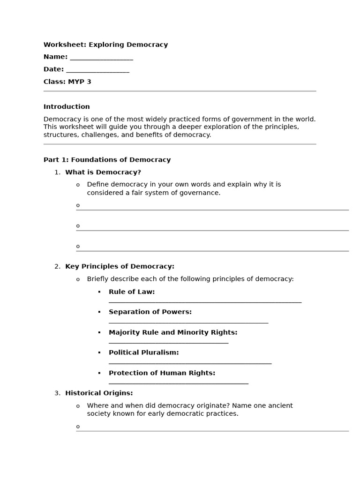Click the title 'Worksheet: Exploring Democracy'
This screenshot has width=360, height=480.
(105, 45)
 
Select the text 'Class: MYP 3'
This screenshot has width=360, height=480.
(67, 82)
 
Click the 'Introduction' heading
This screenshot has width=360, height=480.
(67, 107)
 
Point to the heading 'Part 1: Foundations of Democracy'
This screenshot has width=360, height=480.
(107, 160)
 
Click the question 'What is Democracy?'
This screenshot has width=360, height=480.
(103, 172)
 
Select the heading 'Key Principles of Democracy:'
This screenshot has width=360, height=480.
(120, 267)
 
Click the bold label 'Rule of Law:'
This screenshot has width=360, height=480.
(131, 292)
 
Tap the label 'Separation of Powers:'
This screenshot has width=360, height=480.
(150, 312)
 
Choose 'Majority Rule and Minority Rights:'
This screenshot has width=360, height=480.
(173, 332)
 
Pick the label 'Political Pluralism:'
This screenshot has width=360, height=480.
(143, 352)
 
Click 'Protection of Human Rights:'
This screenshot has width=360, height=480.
(162, 373)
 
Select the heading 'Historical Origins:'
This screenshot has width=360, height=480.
(99, 393)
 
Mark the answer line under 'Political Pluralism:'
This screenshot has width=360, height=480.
(190, 363)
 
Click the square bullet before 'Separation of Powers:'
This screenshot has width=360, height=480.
(99, 312)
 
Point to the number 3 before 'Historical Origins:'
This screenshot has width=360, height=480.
(57, 393)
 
